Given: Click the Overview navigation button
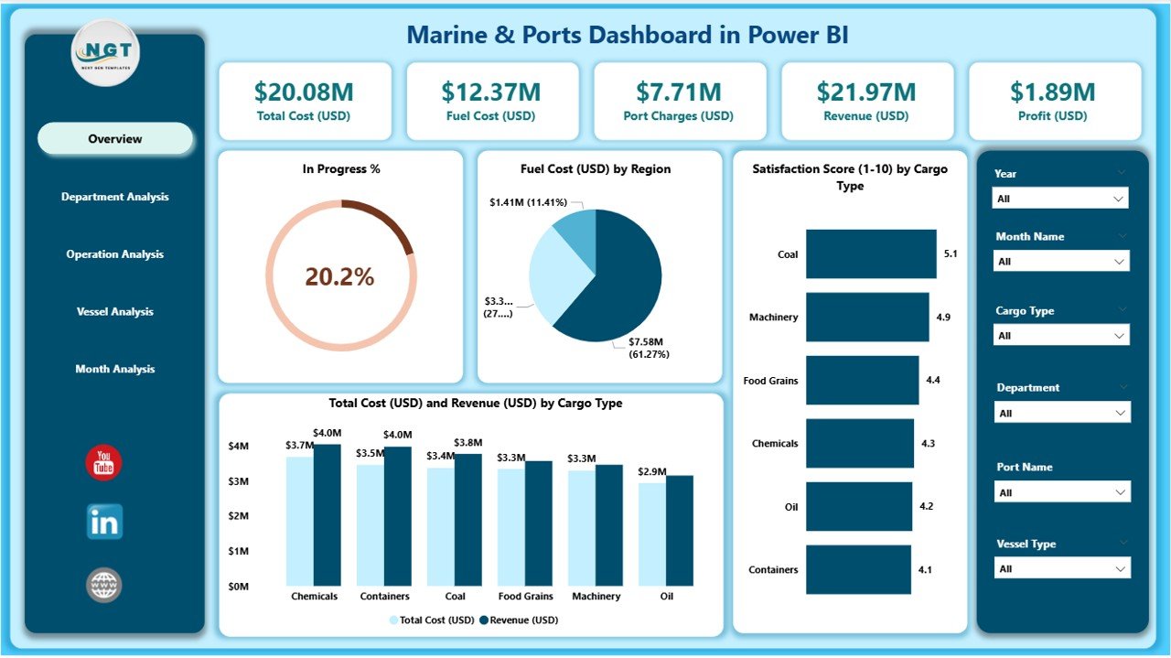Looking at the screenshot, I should coord(115,139).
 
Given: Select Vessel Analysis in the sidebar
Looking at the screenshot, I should coord(115,312).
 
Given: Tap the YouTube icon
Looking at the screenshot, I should coord(103,463).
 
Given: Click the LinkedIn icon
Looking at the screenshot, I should coord(104,522).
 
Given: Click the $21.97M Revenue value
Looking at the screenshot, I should coord(866,92).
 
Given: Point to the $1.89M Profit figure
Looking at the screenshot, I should coord(1052,92).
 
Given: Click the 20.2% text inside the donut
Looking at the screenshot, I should coord(339,277).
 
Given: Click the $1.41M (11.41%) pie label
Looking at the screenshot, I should coord(528,201).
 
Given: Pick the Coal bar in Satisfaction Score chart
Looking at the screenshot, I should coord(871,254).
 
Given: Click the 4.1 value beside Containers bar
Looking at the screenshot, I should coord(926,569).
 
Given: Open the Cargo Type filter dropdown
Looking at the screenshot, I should coord(1061,336).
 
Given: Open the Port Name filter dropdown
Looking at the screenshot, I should coord(1061,492).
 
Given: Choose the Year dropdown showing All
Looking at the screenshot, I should coord(1060,199).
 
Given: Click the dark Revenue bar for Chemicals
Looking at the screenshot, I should coord(327,515).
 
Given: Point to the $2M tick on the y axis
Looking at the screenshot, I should coord(237,516).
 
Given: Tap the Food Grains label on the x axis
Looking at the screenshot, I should coord(525,597).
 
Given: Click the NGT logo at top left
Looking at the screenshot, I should coord(105,53).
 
